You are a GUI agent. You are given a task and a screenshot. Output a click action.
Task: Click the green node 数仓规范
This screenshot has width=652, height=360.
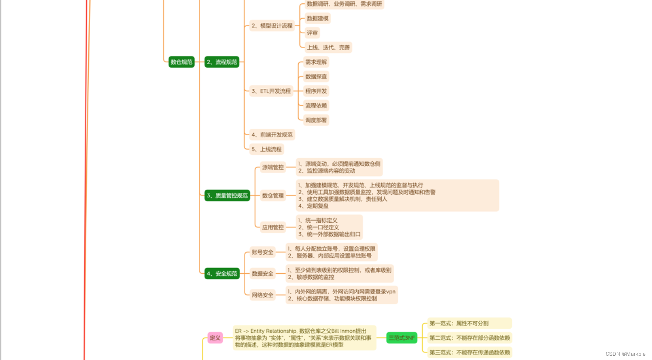tap(181, 62)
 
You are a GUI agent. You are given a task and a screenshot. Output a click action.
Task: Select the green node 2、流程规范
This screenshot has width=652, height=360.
tap(222, 62)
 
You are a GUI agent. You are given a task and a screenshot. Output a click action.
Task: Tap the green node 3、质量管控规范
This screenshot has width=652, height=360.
tap(227, 196)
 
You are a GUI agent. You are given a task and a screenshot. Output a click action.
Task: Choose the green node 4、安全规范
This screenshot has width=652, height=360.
tap(222, 274)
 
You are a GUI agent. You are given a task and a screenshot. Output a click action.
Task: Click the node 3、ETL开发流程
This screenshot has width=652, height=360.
tap(271, 91)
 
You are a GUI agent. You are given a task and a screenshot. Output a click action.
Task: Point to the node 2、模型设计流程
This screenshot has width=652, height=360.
tap(272, 26)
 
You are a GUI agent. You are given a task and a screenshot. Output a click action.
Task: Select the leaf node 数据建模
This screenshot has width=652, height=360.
tap(317, 18)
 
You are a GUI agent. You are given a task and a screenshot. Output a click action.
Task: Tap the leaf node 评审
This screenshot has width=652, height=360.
tap(312, 33)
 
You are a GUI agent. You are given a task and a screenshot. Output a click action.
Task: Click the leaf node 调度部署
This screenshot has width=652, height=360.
tap(316, 120)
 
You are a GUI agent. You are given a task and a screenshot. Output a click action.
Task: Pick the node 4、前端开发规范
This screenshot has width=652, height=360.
tap(272, 135)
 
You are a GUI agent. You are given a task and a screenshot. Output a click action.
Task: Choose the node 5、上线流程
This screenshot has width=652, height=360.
tap(266, 149)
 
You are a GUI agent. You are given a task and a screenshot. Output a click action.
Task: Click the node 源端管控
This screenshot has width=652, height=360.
tap(273, 167)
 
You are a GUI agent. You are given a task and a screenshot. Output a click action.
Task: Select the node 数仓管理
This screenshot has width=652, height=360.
tap(273, 196)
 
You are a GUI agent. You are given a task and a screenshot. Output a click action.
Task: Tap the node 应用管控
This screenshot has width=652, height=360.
tap(273, 227)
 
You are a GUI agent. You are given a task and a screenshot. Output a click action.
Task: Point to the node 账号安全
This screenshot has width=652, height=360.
tap(263, 252)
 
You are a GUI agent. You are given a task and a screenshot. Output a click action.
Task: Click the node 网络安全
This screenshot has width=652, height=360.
tap(263, 295)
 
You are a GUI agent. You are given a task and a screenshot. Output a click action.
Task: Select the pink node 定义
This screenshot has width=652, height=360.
tap(215, 338)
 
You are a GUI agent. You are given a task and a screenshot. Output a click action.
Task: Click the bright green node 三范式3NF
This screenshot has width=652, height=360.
tap(402, 338)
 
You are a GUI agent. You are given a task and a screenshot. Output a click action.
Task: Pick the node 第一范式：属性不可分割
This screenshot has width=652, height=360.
tap(469, 323)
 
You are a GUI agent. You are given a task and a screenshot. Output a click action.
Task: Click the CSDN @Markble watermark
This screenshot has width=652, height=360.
tap(625, 354)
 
